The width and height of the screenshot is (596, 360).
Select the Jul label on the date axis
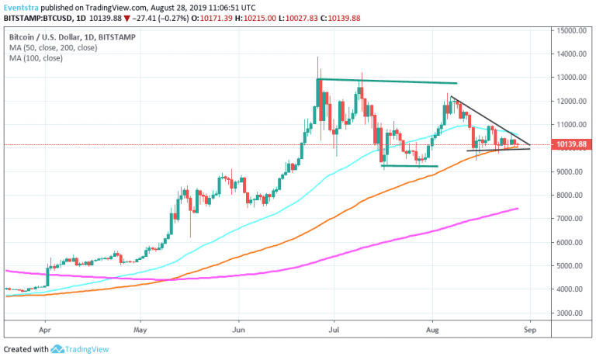[x=334, y=329]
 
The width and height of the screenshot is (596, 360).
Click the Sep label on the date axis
[x=529, y=329]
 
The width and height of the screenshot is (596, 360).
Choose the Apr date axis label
[x=45, y=329]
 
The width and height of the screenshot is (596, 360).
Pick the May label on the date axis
[x=140, y=329]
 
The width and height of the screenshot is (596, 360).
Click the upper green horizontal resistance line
[x=388, y=81]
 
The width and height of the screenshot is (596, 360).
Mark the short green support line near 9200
[x=409, y=165]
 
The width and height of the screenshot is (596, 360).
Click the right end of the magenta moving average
[x=517, y=209]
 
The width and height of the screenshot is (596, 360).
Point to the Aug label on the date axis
[x=431, y=329]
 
